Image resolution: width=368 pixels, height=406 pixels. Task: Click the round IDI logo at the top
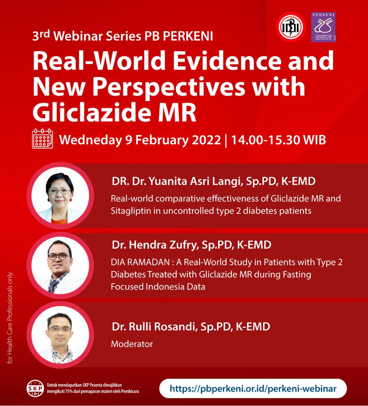coord(291,27)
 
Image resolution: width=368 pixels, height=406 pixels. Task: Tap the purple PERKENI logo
coord(323,27)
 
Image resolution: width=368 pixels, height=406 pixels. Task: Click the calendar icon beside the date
coord(42,139)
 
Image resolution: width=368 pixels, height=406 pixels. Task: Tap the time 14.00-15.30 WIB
coord(278,140)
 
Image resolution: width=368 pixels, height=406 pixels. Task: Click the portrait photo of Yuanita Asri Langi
coord(60,195)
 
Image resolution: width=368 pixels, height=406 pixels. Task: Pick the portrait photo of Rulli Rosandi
coord(60,335)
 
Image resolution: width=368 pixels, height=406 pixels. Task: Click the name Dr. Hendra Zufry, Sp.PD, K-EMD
coord(192,245)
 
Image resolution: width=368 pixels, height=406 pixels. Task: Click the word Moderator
coord(132,344)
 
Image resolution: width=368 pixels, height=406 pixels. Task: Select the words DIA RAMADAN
coord(140,262)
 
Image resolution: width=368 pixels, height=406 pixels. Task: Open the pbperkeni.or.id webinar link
coord(253,389)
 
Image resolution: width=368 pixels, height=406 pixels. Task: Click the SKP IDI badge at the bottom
coord(35,389)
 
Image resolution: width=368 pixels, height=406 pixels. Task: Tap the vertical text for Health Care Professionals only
coord(10,318)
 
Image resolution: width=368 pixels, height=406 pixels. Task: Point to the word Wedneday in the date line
coord(90,140)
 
